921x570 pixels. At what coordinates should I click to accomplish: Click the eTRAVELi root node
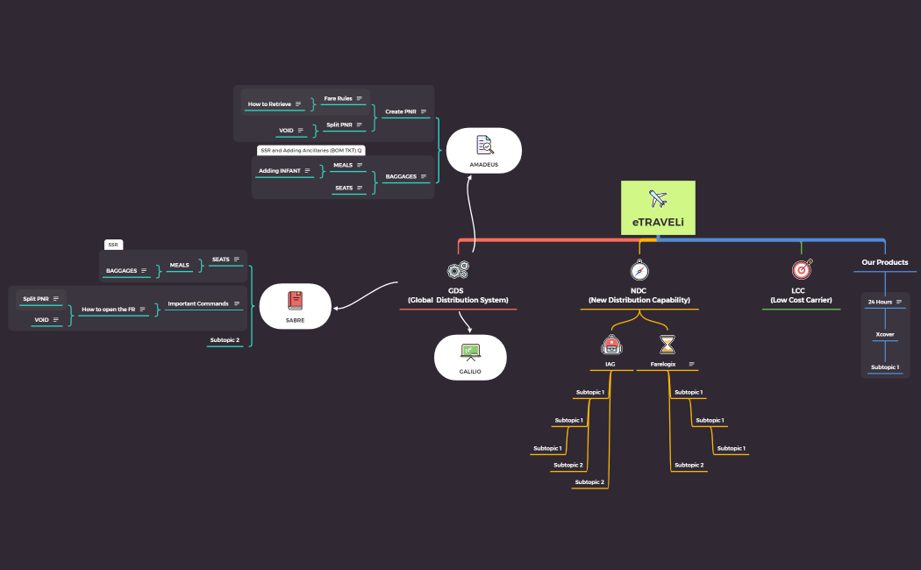click(x=658, y=208)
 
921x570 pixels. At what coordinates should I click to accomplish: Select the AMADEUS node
click(x=483, y=150)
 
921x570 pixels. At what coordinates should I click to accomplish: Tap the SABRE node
click(x=295, y=306)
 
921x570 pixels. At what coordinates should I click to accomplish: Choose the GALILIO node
click(x=470, y=357)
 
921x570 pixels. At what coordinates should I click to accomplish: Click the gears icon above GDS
click(x=457, y=271)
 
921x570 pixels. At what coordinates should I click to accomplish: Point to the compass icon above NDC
click(x=639, y=270)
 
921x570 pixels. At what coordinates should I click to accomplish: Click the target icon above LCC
click(x=801, y=269)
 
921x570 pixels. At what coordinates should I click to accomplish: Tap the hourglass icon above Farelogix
click(x=668, y=344)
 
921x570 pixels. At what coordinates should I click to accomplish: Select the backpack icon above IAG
click(x=610, y=344)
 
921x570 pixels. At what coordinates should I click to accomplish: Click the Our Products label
click(x=884, y=262)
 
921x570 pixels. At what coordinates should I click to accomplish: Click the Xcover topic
click(x=884, y=334)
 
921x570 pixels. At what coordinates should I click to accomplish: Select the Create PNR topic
click(x=400, y=111)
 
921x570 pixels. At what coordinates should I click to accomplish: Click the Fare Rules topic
click(x=339, y=98)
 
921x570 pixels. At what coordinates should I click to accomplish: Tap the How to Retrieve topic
click(x=269, y=104)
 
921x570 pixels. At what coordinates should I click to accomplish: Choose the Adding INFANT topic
click(x=280, y=170)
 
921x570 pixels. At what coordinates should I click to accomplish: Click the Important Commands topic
click(x=198, y=303)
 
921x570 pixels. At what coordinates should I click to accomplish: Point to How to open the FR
click(x=109, y=310)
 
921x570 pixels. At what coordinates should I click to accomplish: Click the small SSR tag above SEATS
click(x=113, y=245)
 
